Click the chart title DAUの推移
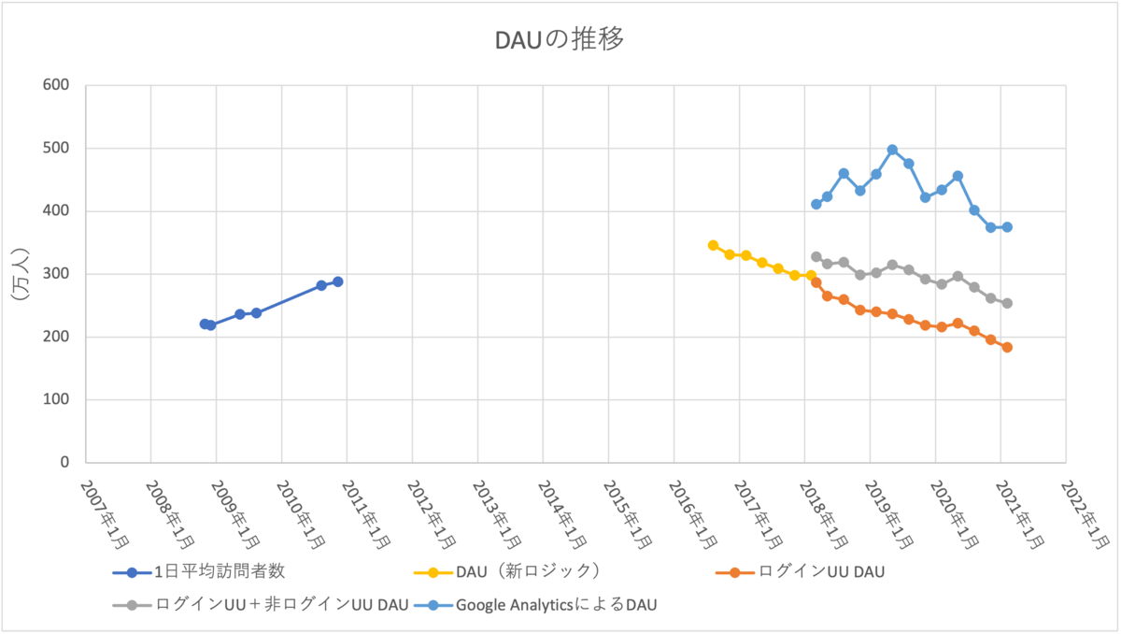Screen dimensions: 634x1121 coord(560,40)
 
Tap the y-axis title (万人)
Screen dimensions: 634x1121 coord(21,273)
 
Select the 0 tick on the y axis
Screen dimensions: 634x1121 coord(64,463)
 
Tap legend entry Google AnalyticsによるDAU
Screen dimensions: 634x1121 coord(556,604)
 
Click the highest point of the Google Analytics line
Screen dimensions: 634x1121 coord(892,150)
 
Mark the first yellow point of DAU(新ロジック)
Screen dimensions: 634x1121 coord(713,245)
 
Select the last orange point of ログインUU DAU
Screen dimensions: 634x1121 coord(1007,347)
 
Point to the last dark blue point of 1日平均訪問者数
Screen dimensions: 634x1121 coord(338,281)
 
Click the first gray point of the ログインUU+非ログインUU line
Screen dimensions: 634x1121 coord(816,256)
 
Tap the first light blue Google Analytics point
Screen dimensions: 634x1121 coord(816,204)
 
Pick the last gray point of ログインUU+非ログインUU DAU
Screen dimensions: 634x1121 coord(1007,303)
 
